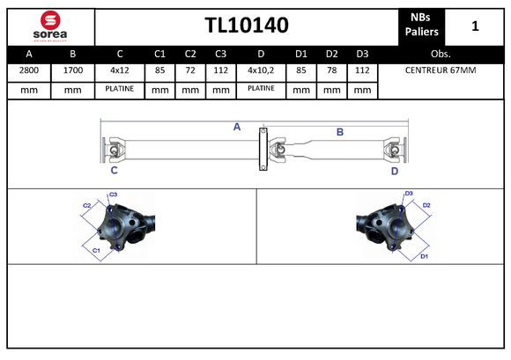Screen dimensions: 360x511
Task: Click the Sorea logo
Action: click(x=50, y=26)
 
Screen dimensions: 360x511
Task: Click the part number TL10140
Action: click(x=247, y=26)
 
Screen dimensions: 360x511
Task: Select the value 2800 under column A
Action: click(x=28, y=70)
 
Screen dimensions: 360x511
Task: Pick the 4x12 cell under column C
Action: click(x=119, y=70)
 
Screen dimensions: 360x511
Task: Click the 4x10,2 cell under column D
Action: click(x=261, y=70)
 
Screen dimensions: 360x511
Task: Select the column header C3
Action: click(x=220, y=53)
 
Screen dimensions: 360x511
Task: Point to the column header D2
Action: click(x=331, y=53)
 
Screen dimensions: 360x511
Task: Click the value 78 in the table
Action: click(x=331, y=70)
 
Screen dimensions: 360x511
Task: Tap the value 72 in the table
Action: click(x=190, y=70)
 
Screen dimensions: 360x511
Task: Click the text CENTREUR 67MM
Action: click(x=441, y=70)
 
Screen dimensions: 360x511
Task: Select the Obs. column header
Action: click(x=441, y=53)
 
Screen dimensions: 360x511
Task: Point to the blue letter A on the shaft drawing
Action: click(x=237, y=128)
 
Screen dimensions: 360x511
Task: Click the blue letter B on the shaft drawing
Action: click(x=339, y=132)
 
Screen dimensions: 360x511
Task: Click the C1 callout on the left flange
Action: click(x=96, y=250)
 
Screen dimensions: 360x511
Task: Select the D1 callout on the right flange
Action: click(x=424, y=256)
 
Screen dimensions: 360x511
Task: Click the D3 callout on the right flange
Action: click(x=409, y=194)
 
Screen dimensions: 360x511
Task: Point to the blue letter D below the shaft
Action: click(x=394, y=172)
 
